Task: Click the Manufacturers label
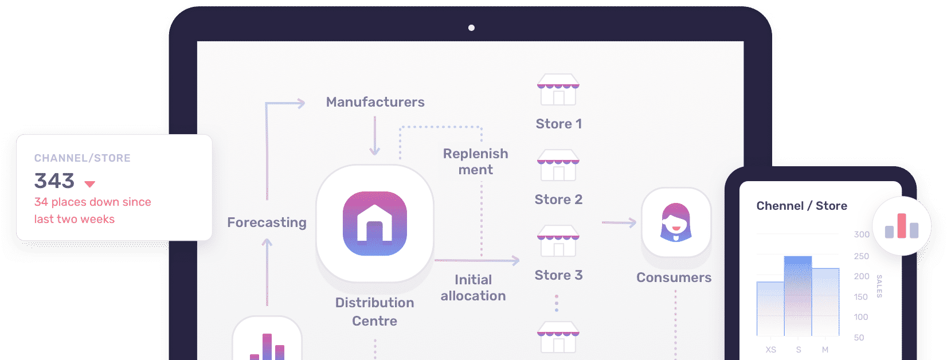pyautogui.click(x=375, y=102)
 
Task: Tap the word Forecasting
pyautogui.click(x=267, y=222)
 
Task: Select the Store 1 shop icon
pyautogui.click(x=558, y=89)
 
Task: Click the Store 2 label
pyautogui.click(x=558, y=199)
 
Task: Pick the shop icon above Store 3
pyautogui.click(x=558, y=241)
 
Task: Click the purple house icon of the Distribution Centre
pyautogui.click(x=374, y=224)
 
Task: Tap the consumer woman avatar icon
pyautogui.click(x=676, y=222)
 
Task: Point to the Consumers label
pyautogui.click(x=674, y=277)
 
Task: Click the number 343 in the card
pyautogui.click(x=54, y=181)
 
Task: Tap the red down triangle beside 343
pyautogui.click(x=89, y=184)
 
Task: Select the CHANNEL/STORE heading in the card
pyautogui.click(x=83, y=158)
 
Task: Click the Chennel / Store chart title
pyautogui.click(x=801, y=206)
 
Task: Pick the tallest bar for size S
pyautogui.click(x=798, y=296)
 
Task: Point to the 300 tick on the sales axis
pyautogui.click(x=862, y=234)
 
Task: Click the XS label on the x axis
pyautogui.click(x=770, y=350)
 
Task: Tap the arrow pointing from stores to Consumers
pyautogui.click(x=619, y=222)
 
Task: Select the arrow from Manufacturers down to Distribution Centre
pyautogui.click(x=374, y=136)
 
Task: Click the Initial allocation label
pyautogui.click(x=473, y=288)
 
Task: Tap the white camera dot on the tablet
pyautogui.click(x=471, y=28)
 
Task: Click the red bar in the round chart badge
pyautogui.click(x=902, y=226)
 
